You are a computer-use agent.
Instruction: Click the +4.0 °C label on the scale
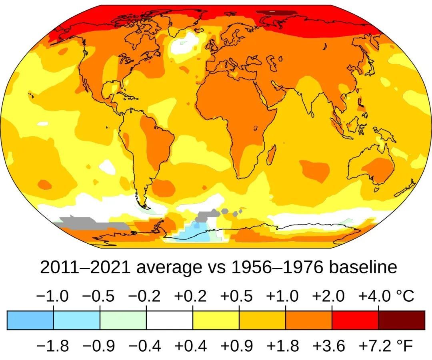pos(386,296)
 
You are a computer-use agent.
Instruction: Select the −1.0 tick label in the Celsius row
pos(52,296)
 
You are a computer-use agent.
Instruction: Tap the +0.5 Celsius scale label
pos(236,296)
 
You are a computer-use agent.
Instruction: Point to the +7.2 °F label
pos(386,345)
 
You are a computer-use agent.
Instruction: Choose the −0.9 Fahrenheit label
pos(99,345)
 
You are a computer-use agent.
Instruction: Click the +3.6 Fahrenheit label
pos(328,345)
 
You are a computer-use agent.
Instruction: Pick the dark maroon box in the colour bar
pos(402,320)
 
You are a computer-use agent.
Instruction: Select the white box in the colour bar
pos(170,320)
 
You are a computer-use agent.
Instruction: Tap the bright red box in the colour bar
pos(355,320)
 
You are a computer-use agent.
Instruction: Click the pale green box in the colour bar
pos(123,320)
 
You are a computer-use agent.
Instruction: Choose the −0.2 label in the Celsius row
pos(144,296)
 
